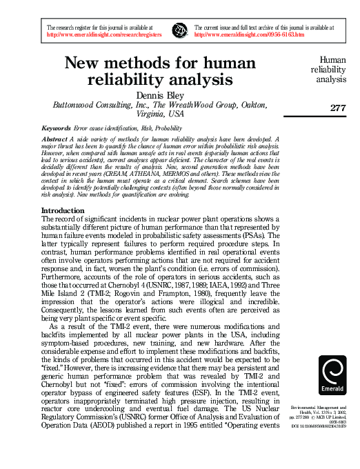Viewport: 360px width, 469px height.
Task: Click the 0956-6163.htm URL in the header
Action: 249,33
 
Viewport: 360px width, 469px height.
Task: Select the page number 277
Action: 338,108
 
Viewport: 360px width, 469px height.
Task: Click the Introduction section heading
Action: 63,210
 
